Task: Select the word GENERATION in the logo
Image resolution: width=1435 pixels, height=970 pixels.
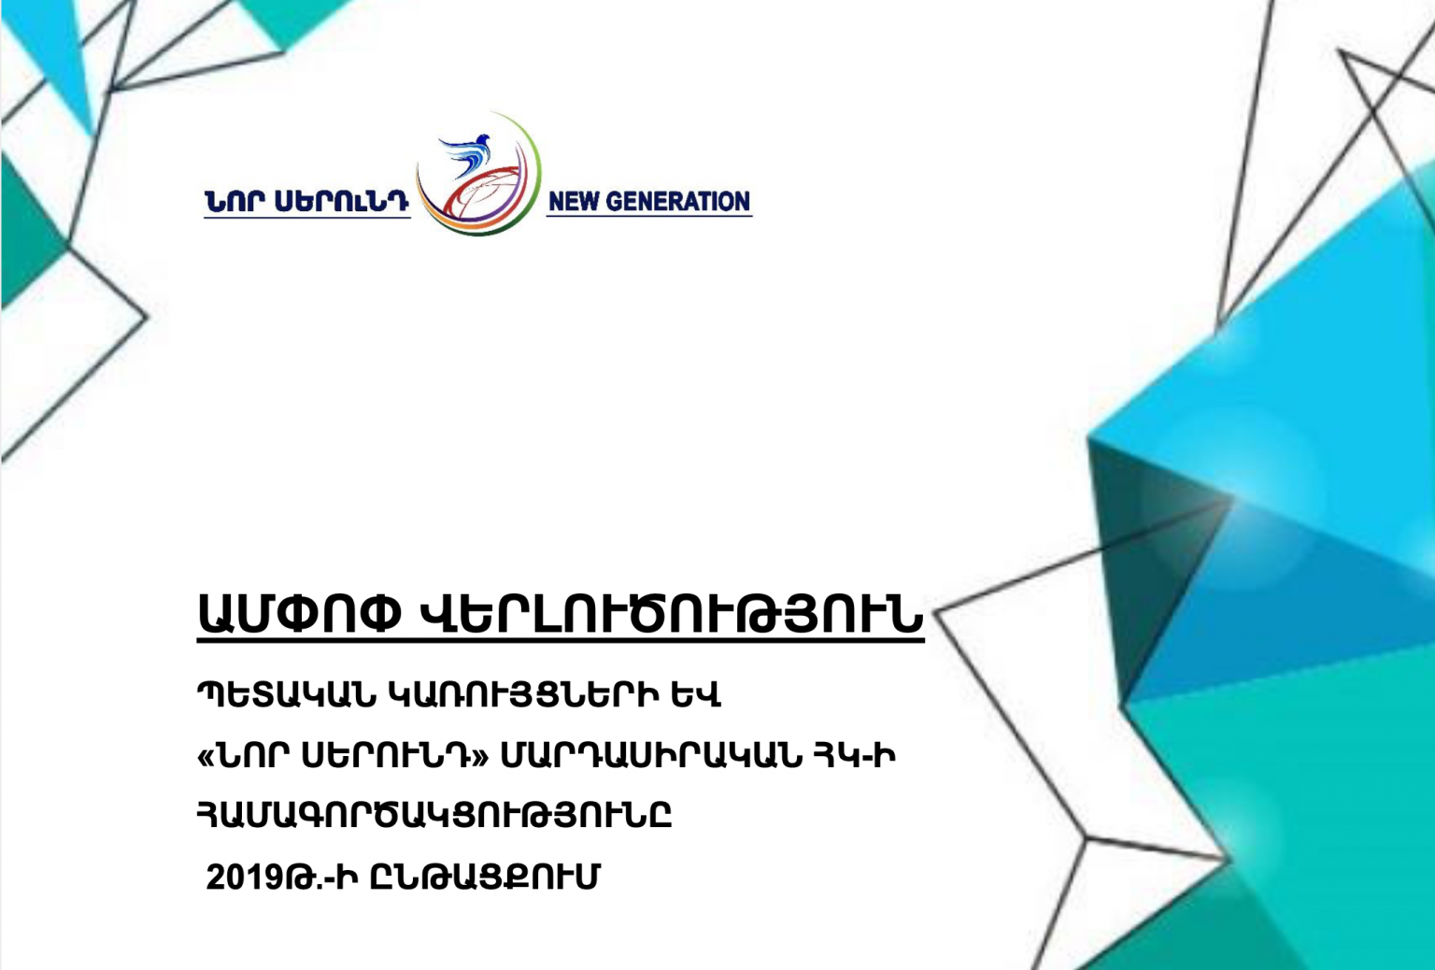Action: [x=677, y=202]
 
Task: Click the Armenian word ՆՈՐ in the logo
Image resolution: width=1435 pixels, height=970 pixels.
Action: [x=234, y=202]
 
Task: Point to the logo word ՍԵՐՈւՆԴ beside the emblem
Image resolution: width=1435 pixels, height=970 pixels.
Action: [x=342, y=202]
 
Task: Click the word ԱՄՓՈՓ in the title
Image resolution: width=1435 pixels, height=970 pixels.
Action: [x=300, y=613]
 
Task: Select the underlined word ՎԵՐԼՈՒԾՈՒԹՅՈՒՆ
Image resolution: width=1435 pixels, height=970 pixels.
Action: [x=671, y=613]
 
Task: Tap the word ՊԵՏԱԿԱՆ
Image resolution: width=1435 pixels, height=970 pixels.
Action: [x=287, y=695]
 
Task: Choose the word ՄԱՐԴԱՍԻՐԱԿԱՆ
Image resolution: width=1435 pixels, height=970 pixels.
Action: [x=651, y=757]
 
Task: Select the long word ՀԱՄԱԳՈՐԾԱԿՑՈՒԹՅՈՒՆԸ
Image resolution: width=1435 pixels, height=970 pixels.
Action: [x=435, y=816]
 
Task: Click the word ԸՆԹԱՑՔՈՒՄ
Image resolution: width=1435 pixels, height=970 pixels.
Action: [x=485, y=877]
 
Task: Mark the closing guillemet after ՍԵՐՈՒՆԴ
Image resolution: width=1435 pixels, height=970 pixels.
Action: [x=480, y=758]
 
